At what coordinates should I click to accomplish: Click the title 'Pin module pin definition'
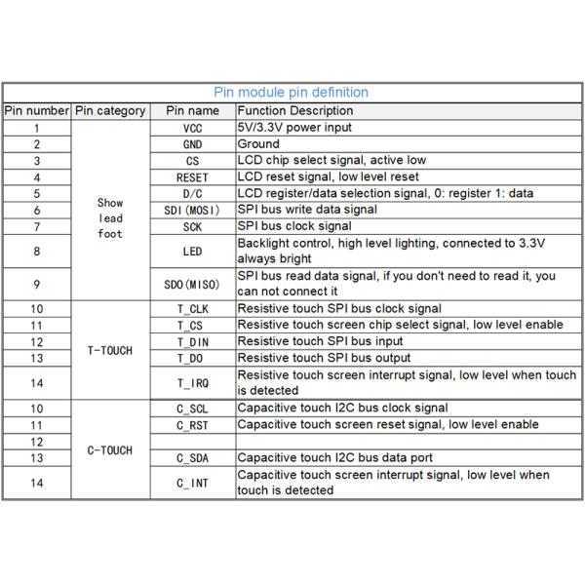pyautogui.click(x=291, y=93)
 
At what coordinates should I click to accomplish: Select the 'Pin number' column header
pyautogui.click(x=37, y=111)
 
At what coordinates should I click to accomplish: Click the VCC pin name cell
pyautogui.click(x=192, y=128)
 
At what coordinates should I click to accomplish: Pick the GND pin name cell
pyautogui.click(x=192, y=144)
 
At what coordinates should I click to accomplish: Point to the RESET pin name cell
pyautogui.click(x=192, y=177)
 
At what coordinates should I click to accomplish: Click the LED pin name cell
pyautogui.click(x=192, y=251)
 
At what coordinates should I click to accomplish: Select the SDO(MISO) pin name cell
pyautogui.click(x=192, y=284)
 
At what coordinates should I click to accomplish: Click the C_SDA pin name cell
pyautogui.click(x=192, y=458)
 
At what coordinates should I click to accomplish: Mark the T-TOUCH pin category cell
pyautogui.click(x=110, y=350)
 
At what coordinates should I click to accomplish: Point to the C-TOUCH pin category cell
pyautogui.click(x=110, y=450)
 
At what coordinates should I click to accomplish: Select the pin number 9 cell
pyautogui.click(x=37, y=284)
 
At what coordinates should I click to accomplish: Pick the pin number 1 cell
pyautogui.click(x=37, y=128)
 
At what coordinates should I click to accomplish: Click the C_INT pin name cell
pyautogui.click(x=192, y=483)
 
